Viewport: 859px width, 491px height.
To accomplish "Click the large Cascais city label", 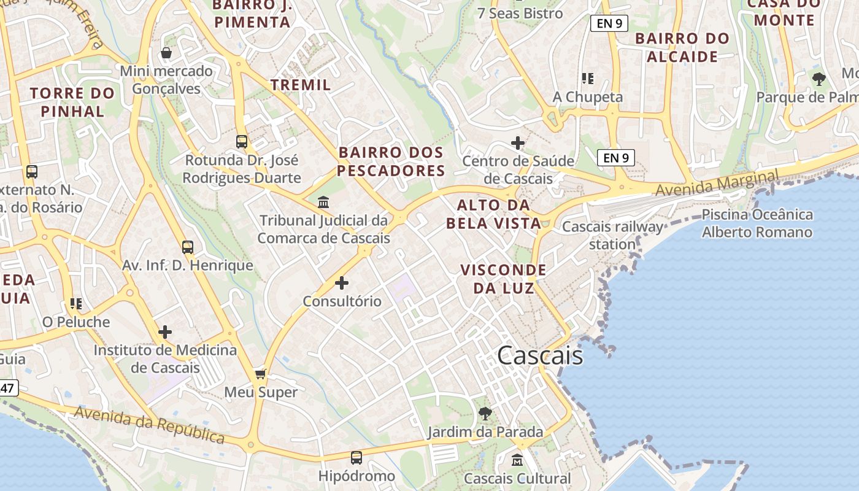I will tap(540, 355).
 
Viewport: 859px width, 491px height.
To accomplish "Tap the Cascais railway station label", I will tap(612, 236).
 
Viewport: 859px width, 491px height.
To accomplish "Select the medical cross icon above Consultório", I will tap(342, 283).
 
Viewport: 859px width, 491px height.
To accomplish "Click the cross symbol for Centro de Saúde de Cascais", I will tap(518, 143).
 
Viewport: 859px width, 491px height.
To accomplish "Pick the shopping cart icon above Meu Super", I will tap(261, 374).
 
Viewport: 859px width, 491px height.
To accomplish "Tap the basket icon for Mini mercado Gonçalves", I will tap(166, 53).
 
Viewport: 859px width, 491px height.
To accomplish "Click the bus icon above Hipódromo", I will tap(356, 457).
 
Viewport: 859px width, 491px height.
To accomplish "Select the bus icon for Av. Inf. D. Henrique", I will tap(188, 247).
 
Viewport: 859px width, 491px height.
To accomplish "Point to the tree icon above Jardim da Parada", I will tap(485, 413).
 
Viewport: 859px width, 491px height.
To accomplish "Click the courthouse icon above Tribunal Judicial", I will tap(323, 202).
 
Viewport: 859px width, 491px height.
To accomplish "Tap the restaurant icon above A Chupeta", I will tap(588, 79).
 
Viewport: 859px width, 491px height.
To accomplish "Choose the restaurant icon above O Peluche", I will tap(76, 303).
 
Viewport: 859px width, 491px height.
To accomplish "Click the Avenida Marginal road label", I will tap(717, 184).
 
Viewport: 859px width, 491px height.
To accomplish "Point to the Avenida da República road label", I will tap(149, 424).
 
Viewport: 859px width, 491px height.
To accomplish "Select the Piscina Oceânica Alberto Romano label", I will tap(757, 223).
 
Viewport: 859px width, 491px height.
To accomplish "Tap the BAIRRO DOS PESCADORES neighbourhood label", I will tap(391, 161).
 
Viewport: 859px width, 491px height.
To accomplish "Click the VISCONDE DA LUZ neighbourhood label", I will tap(503, 279).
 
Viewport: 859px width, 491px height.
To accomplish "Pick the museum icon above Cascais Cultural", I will tap(517, 460).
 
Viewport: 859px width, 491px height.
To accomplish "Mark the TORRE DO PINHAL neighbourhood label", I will tap(72, 102).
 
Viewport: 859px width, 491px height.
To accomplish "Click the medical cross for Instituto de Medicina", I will tap(165, 332).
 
